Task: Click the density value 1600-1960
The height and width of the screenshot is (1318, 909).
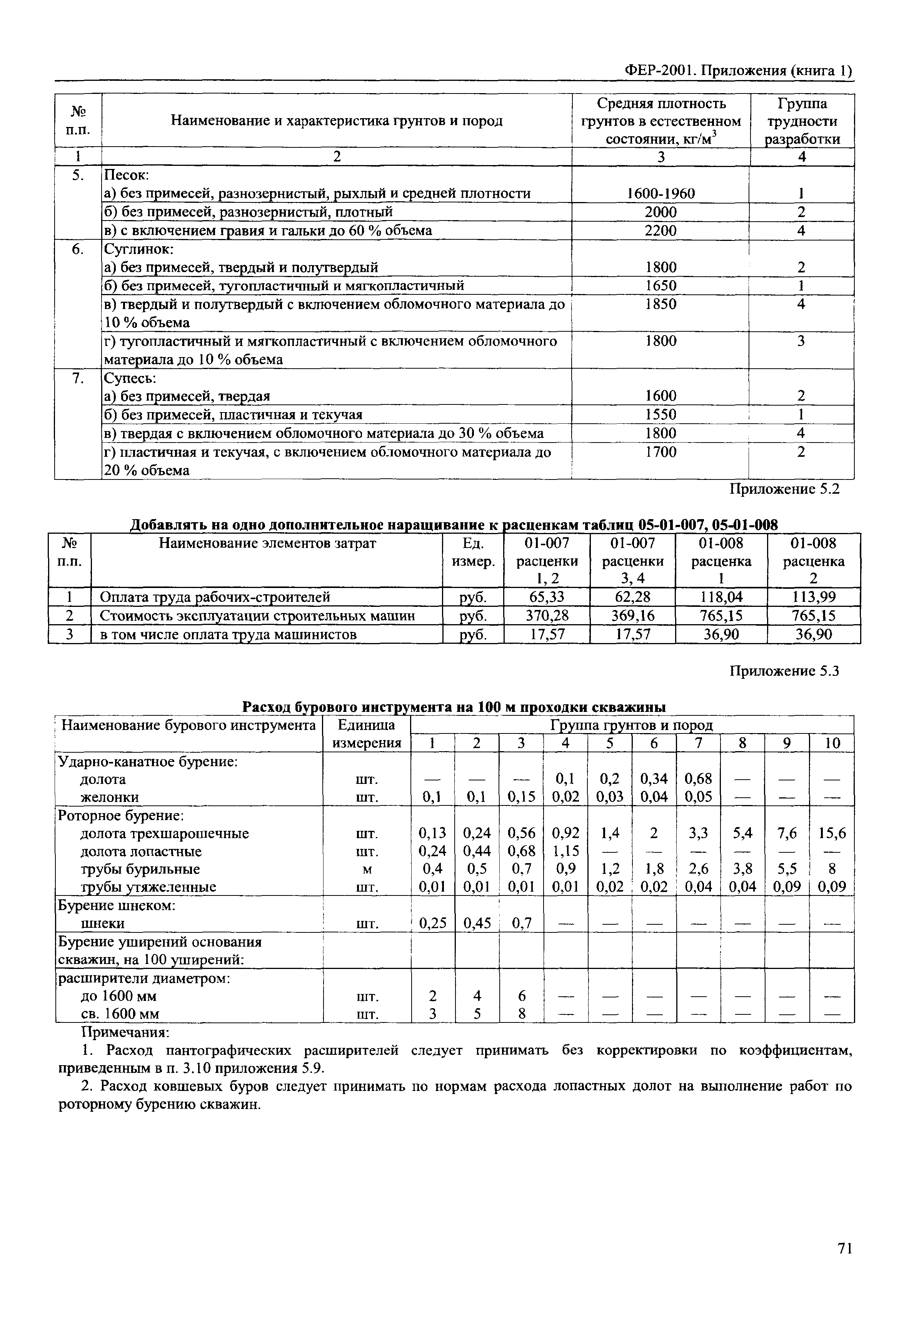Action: (x=660, y=194)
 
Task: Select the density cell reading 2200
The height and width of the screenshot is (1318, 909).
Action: (x=660, y=231)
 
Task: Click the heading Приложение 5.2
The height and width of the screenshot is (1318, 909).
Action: (x=785, y=489)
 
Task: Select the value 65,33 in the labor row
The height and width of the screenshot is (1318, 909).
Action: (x=547, y=597)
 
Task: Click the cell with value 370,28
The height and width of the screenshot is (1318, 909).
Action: (x=547, y=616)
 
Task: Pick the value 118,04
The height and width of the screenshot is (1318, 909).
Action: (x=721, y=597)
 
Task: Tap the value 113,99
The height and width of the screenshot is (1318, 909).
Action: (x=813, y=597)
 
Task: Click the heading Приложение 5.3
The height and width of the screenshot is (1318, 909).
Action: (x=785, y=672)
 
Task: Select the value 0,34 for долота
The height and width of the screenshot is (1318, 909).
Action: (x=654, y=778)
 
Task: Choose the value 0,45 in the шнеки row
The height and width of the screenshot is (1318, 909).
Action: (x=477, y=923)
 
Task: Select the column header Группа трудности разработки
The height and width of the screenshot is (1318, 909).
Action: (x=802, y=121)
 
